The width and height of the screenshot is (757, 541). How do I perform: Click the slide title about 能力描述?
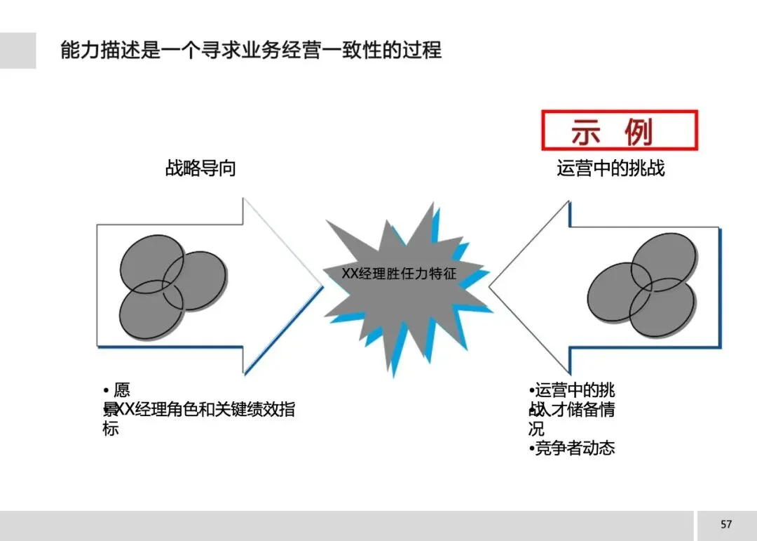251,51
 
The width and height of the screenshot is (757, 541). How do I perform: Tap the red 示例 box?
619,131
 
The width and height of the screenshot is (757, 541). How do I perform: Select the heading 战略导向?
200,168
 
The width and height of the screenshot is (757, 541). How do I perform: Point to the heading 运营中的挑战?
611,168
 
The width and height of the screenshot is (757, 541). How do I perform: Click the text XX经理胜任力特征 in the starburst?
399,274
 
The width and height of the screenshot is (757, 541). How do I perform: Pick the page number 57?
726,524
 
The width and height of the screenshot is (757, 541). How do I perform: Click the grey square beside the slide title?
18,51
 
